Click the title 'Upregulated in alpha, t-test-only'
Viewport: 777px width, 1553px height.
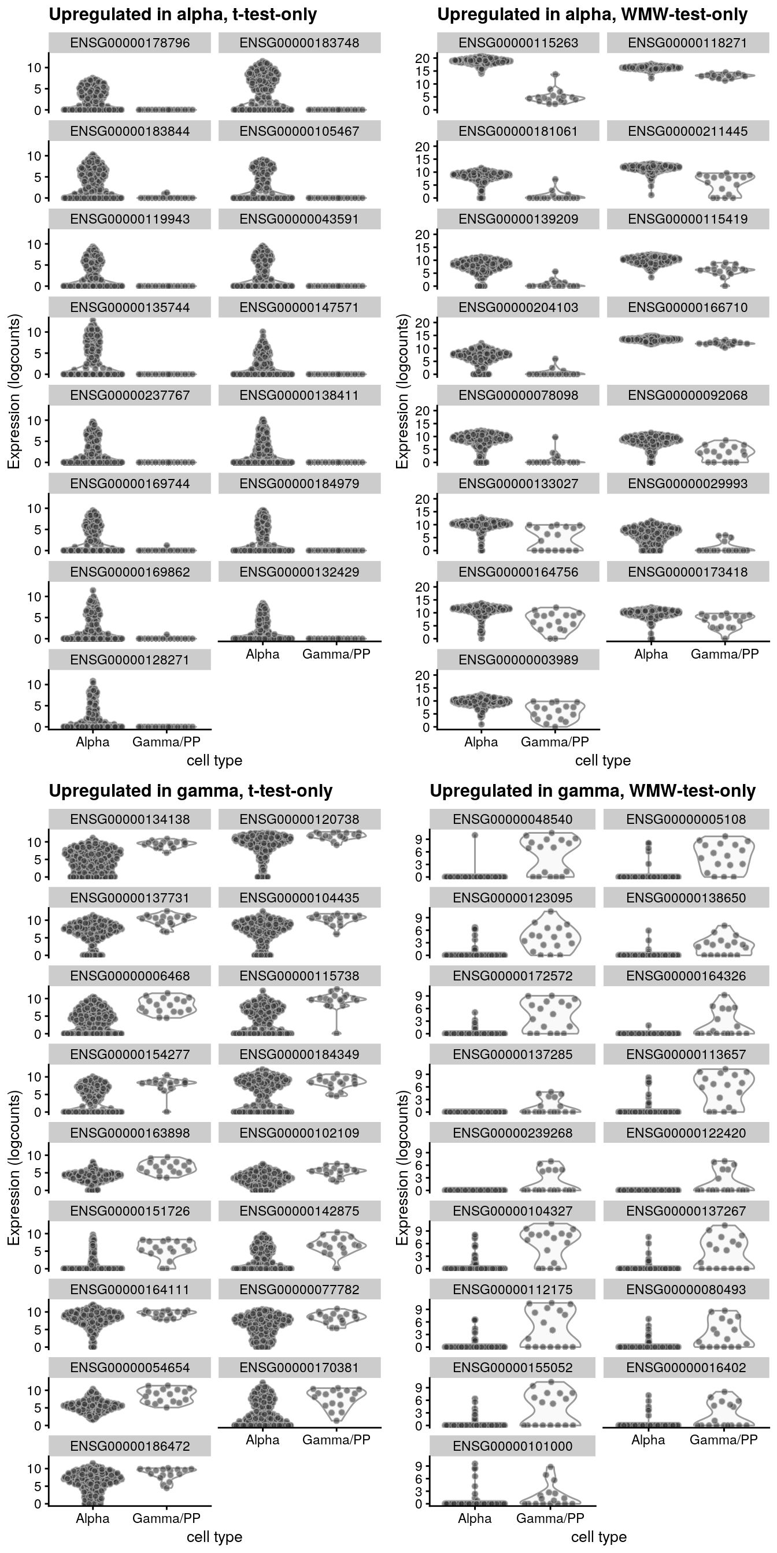183,14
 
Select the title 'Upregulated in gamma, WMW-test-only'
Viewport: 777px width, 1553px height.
592,791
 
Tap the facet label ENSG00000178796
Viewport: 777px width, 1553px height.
129,43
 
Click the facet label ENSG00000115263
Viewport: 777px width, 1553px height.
518,43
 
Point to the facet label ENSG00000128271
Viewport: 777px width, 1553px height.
129,660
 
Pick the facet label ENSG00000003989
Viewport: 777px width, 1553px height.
518,660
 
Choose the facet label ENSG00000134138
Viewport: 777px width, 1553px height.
129,819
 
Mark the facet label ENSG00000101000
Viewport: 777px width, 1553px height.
512,1446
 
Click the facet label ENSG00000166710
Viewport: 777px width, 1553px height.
688,307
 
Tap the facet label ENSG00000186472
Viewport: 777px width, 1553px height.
129,1446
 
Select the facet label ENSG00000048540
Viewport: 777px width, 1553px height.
512,819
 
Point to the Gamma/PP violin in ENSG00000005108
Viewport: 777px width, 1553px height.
723,856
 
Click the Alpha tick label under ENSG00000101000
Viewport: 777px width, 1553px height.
475,1518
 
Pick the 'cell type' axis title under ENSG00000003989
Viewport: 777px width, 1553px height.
602,761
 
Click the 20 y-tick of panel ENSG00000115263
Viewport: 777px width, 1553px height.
426,58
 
